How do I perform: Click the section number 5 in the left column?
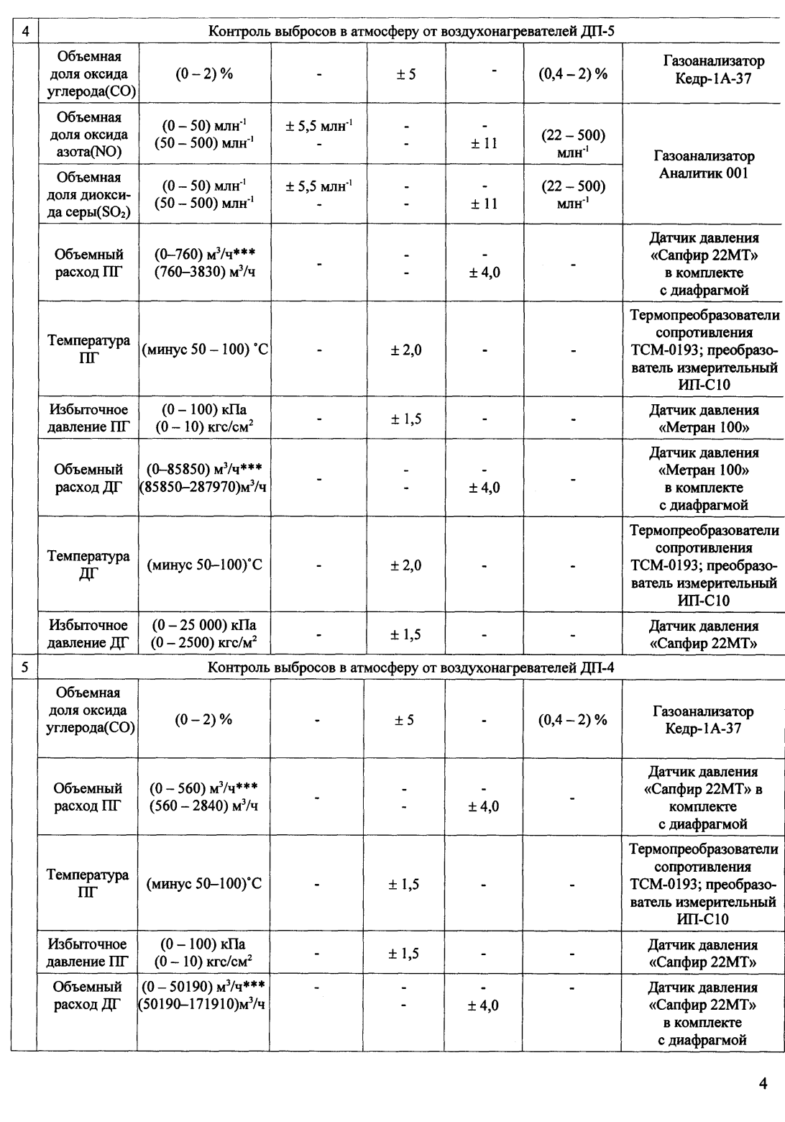(x=25, y=667)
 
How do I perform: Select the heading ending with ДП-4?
(x=411, y=667)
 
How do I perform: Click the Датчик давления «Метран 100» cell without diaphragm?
(x=704, y=419)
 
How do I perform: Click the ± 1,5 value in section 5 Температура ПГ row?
(x=405, y=885)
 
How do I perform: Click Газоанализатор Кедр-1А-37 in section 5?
(x=703, y=720)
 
